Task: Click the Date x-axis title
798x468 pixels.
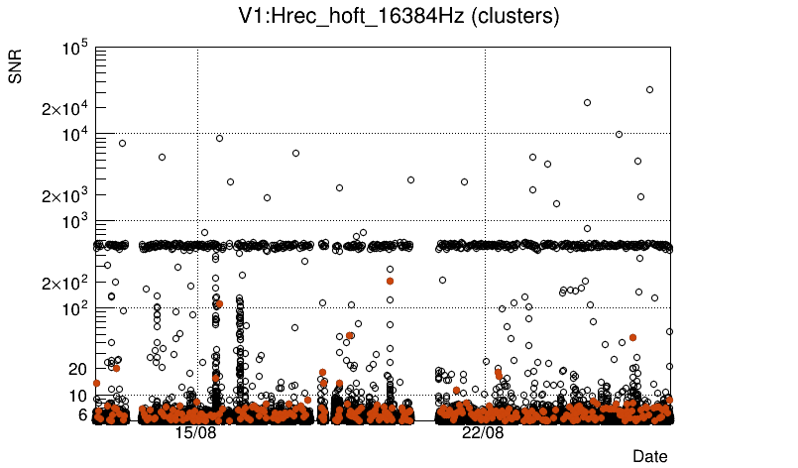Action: click(x=649, y=455)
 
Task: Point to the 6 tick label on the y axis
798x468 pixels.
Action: click(x=83, y=414)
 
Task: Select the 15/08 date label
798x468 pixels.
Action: click(x=195, y=433)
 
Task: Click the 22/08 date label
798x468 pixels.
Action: click(x=483, y=433)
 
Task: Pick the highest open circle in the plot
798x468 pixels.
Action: click(x=650, y=89)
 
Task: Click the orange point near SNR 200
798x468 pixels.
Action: click(x=390, y=281)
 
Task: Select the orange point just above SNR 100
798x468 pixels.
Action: click(x=219, y=303)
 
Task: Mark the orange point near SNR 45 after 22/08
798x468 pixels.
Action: click(x=632, y=338)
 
